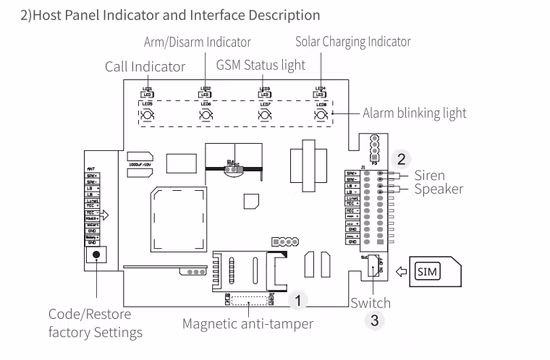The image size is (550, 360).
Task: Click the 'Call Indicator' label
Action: tap(145, 66)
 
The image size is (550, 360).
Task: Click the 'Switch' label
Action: tap(370, 303)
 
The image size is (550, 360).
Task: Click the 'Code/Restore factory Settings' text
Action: tap(95, 322)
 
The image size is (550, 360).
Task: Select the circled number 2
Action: tap(401, 158)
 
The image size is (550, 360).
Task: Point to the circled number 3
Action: tap(374, 321)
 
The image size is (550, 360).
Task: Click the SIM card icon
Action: tap(427, 271)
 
